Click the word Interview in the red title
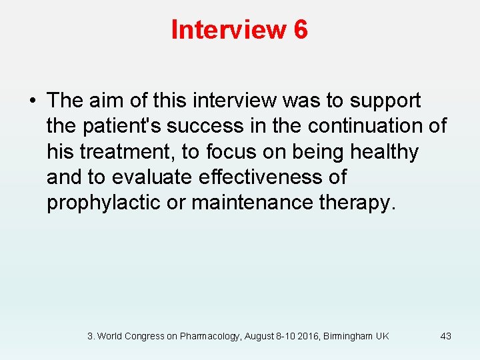click(x=227, y=30)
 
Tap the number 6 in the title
click(x=300, y=30)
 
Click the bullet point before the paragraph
click(x=33, y=101)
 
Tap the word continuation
click(x=357, y=127)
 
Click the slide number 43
click(x=445, y=336)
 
